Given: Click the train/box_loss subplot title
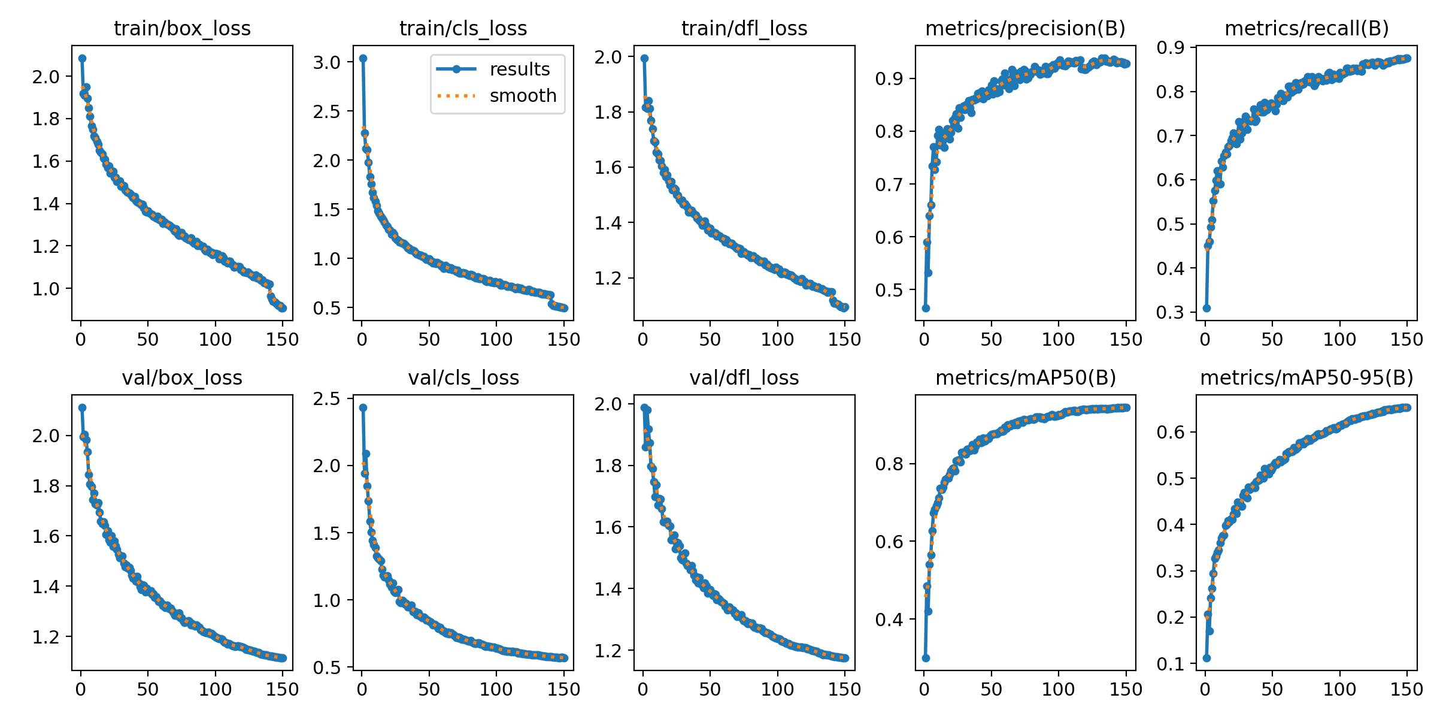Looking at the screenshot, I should pyautogui.click(x=182, y=29).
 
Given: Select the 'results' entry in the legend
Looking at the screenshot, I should pyautogui.click(x=519, y=70).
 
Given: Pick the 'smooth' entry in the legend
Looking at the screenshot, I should pyautogui.click(x=523, y=96).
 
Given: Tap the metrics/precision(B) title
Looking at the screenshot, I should pyautogui.click(x=1025, y=29).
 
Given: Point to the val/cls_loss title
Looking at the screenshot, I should pyautogui.click(x=463, y=378).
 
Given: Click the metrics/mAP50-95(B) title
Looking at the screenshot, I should pyautogui.click(x=1306, y=378).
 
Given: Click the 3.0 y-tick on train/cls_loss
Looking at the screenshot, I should pyautogui.click(x=327, y=62).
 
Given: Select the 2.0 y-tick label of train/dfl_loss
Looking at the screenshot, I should pyautogui.click(x=608, y=57).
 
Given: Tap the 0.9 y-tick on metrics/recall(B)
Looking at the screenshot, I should pyautogui.click(x=1171, y=47).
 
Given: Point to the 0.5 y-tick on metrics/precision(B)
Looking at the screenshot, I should pyautogui.click(x=889, y=290).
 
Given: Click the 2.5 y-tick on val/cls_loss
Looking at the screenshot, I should pyautogui.click(x=327, y=399).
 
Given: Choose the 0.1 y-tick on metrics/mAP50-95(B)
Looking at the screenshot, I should pyautogui.click(x=1171, y=664).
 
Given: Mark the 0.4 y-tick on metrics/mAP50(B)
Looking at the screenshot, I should pyautogui.click(x=889, y=620).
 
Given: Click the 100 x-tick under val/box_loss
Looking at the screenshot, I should pyautogui.click(x=215, y=690).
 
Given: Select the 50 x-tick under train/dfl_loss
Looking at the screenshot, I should pyautogui.click(x=710, y=340).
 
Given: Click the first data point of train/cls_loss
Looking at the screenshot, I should pyautogui.click(x=363, y=58).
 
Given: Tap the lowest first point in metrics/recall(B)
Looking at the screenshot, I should pyautogui.click(x=1206, y=308).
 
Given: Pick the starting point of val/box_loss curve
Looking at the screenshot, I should pyautogui.click(x=82, y=407).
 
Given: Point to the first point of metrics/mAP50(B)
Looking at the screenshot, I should pyautogui.click(x=926, y=658).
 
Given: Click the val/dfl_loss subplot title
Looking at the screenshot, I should pyautogui.click(x=744, y=378).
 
